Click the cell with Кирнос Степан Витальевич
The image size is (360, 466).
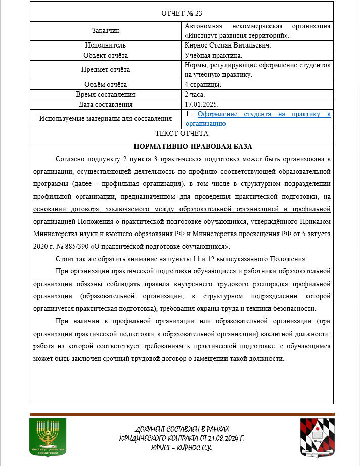[228, 45]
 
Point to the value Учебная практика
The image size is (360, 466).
[213, 55]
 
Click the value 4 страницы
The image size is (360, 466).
[203, 84]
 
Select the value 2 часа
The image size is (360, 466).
[195, 95]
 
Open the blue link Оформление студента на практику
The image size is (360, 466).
[258, 115]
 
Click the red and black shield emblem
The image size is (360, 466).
[317, 437]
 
